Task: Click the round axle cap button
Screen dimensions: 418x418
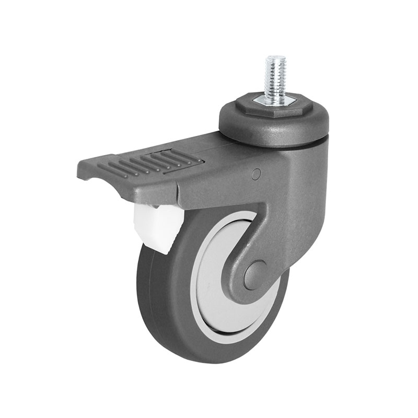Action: click(254, 274)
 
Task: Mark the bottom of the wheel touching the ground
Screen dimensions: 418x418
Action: click(209, 361)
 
